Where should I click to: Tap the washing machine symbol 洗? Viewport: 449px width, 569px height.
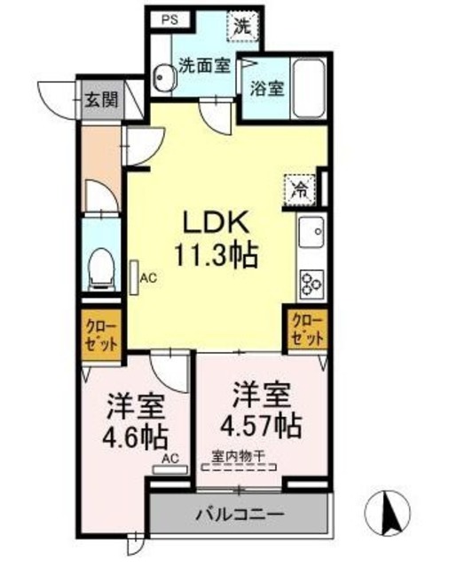pos(242,25)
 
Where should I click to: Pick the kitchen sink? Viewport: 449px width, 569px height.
pos(311,235)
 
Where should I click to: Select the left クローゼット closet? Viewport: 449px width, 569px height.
pos(100,334)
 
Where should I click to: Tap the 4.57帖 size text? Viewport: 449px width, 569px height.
pos(259,424)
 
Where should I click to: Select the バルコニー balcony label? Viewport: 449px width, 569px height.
pos(238,514)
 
